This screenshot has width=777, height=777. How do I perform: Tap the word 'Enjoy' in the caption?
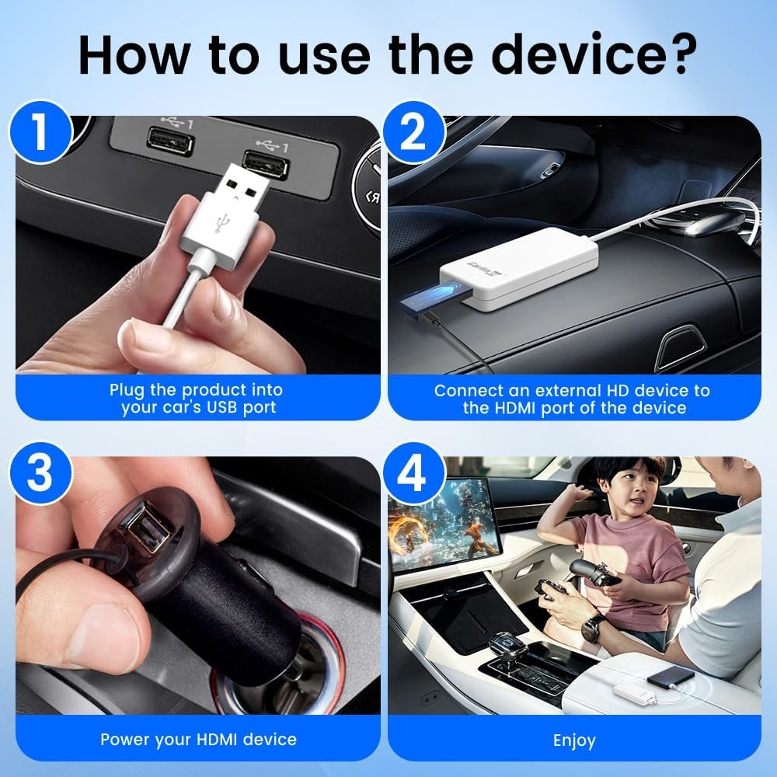click(x=573, y=740)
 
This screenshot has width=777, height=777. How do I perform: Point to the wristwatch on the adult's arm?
click(x=594, y=628)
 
